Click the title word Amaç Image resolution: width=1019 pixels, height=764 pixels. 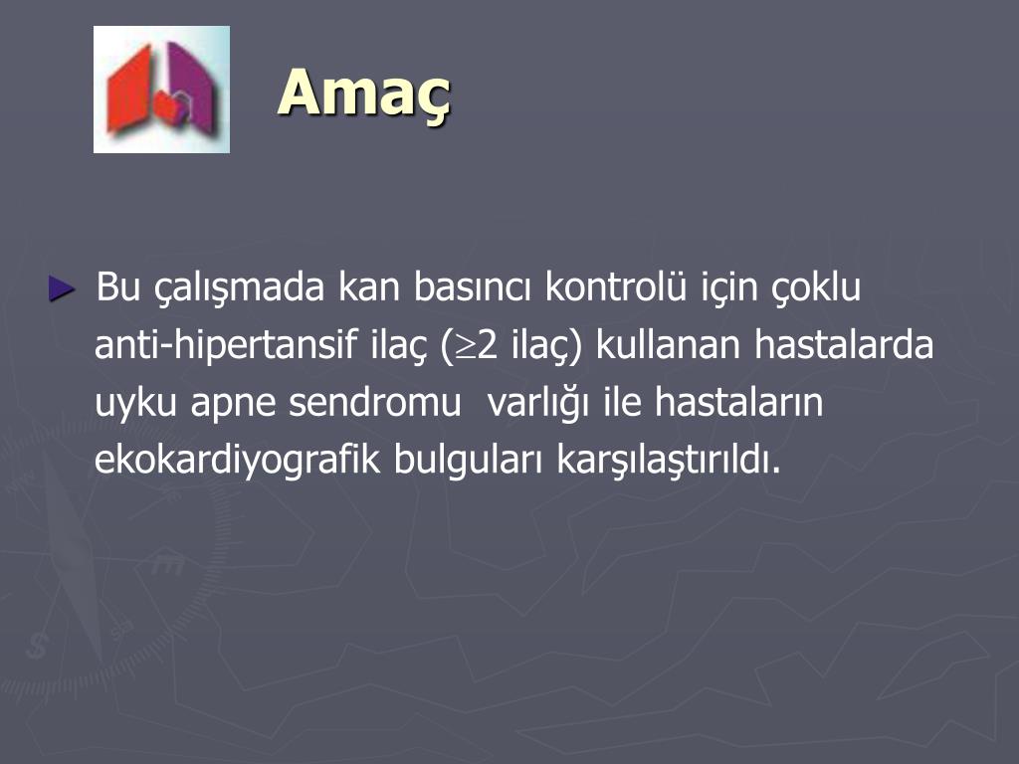[364, 95]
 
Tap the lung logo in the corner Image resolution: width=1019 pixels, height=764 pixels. [161, 90]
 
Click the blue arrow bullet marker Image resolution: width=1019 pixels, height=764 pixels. [62, 290]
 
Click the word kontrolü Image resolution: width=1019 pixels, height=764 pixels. [606, 288]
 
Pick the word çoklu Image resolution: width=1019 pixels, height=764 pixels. [815, 288]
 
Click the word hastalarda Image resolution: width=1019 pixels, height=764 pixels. [844, 346]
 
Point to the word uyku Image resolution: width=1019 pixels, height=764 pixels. [136, 404]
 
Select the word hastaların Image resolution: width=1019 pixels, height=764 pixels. [739, 404]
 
